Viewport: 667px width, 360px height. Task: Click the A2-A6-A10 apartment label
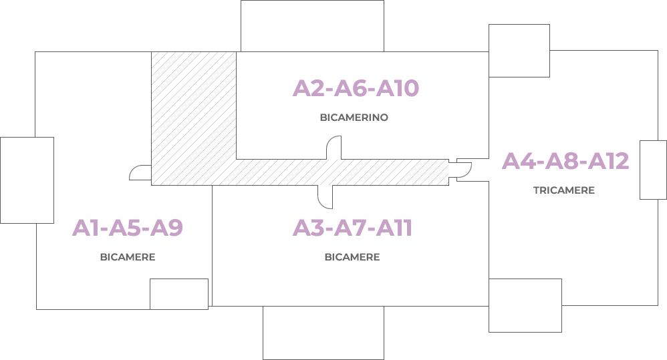pos(356,89)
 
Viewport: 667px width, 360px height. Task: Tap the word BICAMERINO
pos(354,118)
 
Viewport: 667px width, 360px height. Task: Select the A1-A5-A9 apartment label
pos(128,228)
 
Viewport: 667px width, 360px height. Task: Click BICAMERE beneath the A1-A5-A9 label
pos(128,257)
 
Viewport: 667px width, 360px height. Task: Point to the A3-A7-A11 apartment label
pos(352,228)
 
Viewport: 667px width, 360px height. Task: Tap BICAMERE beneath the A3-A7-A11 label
pos(352,257)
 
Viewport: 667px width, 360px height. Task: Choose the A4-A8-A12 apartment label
pos(565,162)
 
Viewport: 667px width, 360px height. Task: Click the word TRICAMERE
pos(564,190)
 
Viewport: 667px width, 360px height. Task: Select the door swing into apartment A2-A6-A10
pos(333,148)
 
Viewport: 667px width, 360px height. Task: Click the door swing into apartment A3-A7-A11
pos(325,196)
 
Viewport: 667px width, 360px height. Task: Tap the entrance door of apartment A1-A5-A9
pos(140,173)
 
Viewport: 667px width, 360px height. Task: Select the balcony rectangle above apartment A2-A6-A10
pos(312,25)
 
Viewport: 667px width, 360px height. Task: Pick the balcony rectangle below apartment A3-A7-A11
pos(323,333)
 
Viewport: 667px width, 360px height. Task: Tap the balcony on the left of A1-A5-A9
pos(27,180)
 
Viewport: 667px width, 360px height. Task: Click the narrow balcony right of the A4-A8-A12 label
pos(653,170)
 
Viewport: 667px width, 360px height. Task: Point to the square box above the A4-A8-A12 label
pos(519,51)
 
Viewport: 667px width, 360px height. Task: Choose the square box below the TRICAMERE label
pos(525,305)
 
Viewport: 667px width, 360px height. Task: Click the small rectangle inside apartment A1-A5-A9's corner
pos(178,294)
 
